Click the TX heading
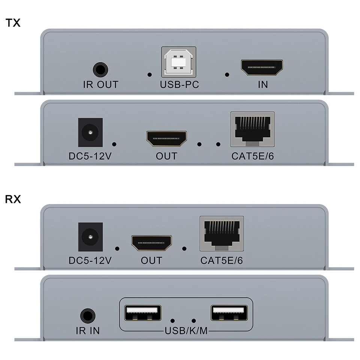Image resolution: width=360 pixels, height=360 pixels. tap(13, 23)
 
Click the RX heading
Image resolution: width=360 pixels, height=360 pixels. tap(13, 199)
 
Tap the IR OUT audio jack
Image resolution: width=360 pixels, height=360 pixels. tap(100, 70)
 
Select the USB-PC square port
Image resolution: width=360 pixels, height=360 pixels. tap(179, 62)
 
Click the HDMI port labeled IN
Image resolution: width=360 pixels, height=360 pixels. tap(262, 67)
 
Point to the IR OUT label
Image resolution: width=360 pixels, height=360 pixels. tap(100, 85)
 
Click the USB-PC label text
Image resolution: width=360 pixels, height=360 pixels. tap(179, 85)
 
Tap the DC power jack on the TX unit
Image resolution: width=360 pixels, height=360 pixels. tap(90, 132)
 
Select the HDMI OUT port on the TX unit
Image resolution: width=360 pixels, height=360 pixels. tap(166, 139)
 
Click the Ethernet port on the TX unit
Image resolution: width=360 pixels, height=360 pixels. tap(252, 129)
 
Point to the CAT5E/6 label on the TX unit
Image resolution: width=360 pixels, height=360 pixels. tap(252, 156)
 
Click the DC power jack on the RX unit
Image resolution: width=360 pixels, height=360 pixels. tap(90, 237)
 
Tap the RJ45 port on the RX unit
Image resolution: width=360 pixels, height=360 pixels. tap(222, 233)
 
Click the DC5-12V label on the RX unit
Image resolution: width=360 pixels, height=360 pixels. tap(90, 260)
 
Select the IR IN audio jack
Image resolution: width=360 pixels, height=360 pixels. tap(87, 315)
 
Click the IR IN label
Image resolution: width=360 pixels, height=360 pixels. tap(87, 331)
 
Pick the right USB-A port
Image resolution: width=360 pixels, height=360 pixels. tap(229, 313)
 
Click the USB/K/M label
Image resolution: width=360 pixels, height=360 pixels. tap(186, 331)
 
